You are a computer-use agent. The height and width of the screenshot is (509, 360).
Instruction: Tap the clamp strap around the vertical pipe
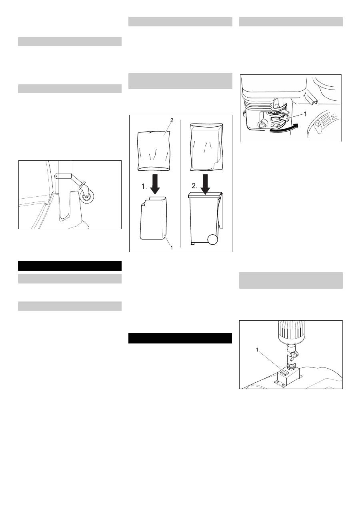point(63,176)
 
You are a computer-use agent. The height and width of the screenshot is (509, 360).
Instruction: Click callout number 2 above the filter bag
point(172,120)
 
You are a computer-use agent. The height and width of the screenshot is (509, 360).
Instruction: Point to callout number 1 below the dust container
point(172,248)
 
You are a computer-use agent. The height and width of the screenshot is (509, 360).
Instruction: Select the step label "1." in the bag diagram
point(144,187)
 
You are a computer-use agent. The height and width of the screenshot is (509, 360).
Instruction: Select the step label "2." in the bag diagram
point(194,186)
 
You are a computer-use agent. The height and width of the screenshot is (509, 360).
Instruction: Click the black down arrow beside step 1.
point(155,184)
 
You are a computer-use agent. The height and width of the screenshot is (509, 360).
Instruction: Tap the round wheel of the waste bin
point(213,239)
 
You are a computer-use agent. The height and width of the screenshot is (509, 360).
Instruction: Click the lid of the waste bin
point(205,194)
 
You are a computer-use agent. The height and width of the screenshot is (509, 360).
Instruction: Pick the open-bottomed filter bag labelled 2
point(154,151)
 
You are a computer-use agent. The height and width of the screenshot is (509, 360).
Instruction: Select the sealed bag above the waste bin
point(206,147)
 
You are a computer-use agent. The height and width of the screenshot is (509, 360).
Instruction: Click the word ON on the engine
point(278,125)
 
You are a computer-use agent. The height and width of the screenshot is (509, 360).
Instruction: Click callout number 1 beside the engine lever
point(305,114)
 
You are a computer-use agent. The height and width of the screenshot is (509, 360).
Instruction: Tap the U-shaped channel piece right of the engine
point(311,99)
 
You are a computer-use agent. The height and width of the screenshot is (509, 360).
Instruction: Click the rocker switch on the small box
point(284,373)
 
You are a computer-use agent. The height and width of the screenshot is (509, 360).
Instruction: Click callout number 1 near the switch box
point(257,350)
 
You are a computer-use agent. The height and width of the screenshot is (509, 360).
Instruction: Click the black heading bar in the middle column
point(180,338)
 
